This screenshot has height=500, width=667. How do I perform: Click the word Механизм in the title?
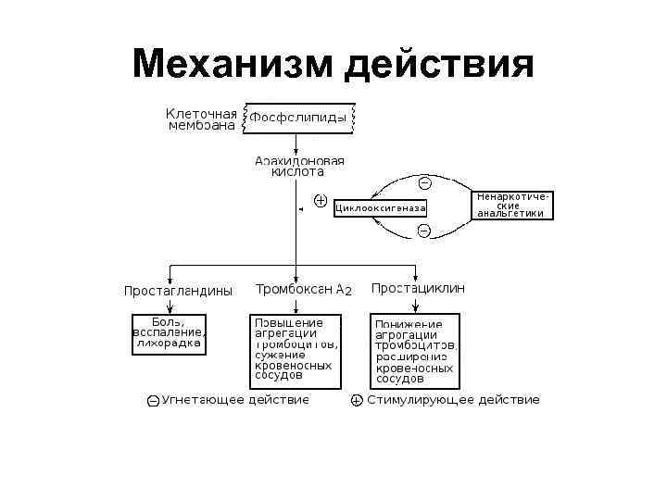(233, 65)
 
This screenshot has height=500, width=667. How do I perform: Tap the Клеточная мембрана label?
(201, 119)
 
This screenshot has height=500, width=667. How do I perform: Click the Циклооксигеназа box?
(380, 208)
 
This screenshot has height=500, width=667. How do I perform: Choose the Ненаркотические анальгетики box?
(515, 205)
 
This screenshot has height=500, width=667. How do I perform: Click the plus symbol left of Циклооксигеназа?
(321, 199)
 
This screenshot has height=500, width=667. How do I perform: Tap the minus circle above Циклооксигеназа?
(424, 182)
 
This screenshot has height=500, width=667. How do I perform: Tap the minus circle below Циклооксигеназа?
(423, 230)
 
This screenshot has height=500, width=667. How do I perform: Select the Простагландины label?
(178, 291)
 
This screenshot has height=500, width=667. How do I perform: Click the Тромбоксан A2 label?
(303, 290)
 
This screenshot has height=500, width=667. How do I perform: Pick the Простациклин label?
(418, 289)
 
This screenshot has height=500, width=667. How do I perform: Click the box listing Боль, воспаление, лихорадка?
(169, 333)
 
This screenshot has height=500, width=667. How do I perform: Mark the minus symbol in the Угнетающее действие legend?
(153, 401)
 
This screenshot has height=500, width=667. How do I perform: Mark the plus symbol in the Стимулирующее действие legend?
(357, 401)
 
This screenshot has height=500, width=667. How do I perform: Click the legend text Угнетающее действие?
(235, 400)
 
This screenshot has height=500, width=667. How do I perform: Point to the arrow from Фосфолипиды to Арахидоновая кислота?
(296, 144)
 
